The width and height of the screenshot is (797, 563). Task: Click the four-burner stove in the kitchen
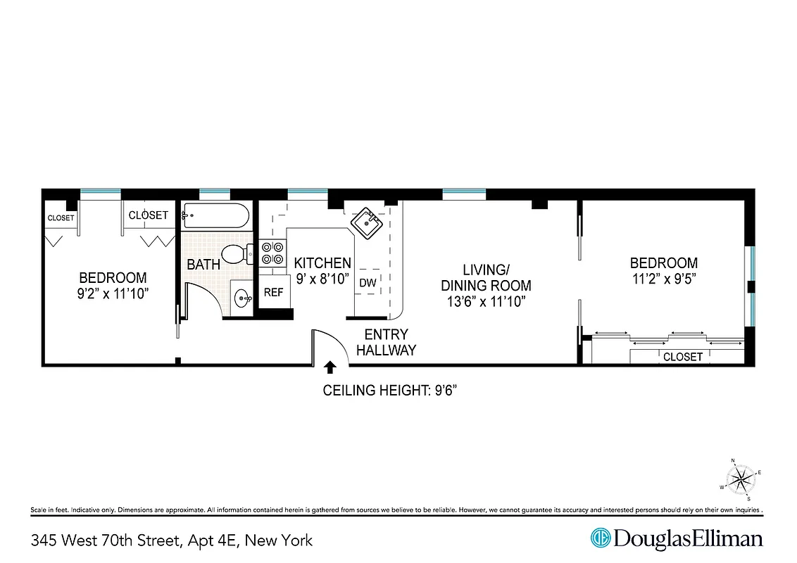click(273, 253)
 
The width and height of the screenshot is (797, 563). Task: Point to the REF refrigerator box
click(273, 292)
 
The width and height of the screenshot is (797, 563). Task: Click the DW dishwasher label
click(368, 282)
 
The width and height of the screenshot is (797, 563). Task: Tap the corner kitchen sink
click(366, 223)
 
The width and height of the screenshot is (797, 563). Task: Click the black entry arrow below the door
click(330, 367)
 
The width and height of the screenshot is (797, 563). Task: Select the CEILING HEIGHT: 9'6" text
click(395, 391)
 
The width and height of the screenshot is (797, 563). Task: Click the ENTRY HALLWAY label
click(386, 343)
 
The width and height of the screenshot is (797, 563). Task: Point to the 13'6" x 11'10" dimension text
click(486, 302)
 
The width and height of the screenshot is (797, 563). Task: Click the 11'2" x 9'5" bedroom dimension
click(663, 279)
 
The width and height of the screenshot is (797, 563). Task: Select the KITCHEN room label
click(322, 263)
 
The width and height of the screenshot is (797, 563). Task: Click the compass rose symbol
click(741, 479)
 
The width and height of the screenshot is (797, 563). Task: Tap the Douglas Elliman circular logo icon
click(600, 538)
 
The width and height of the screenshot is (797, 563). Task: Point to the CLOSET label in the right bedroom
click(683, 357)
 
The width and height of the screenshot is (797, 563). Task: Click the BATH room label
click(203, 265)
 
